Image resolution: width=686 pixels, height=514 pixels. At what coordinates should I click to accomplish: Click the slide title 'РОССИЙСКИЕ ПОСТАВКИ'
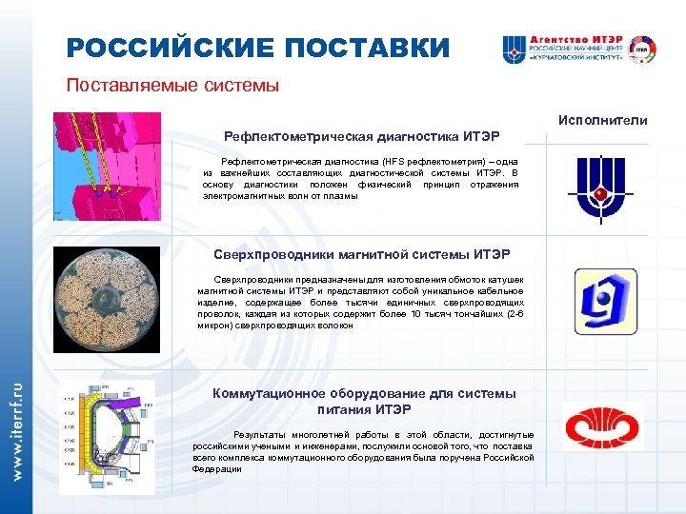coord(257,48)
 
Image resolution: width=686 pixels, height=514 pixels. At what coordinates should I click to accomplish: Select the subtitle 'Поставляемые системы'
coord(172,86)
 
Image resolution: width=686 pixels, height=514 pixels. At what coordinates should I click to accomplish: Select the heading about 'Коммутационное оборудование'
coord(364,401)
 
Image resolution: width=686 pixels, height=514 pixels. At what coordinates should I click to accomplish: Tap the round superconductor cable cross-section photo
coord(107,300)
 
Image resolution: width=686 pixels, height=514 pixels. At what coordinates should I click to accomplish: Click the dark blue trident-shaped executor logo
coord(599,188)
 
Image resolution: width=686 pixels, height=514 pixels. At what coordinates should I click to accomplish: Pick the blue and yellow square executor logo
coord(605,301)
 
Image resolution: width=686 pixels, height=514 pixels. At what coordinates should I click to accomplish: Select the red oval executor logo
coord(602,425)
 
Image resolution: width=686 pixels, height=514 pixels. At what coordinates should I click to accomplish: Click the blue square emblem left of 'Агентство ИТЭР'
coord(514,49)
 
